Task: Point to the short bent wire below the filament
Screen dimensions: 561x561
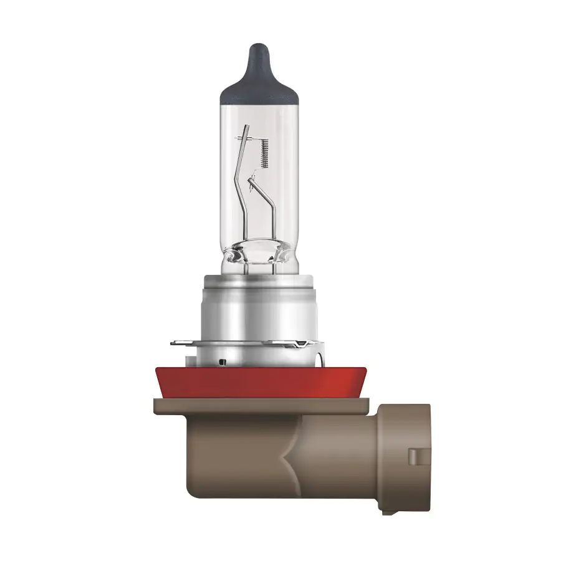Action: point(269,206)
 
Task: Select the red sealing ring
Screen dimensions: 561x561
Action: point(259,382)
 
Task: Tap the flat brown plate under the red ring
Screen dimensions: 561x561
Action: point(262,405)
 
